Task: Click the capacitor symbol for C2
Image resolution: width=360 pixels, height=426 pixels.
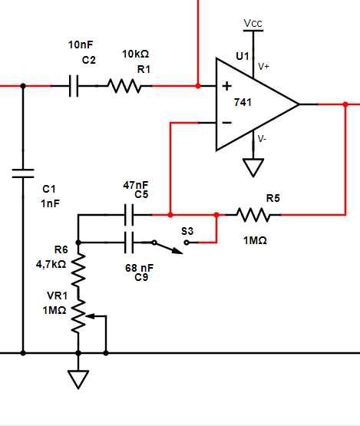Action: [x=74, y=86]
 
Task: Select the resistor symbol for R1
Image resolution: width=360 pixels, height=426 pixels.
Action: [x=125, y=86]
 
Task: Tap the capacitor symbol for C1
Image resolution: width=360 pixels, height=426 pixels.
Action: [x=23, y=173]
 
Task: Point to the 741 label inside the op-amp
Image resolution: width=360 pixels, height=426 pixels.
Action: [x=255, y=102]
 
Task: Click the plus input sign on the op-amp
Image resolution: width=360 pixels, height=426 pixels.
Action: [x=226, y=85]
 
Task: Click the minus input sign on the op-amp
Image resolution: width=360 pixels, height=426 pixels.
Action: [x=226, y=122]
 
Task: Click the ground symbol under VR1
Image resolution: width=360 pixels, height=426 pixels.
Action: [x=78, y=378]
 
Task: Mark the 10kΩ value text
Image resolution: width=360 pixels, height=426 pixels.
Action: [x=135, y=54]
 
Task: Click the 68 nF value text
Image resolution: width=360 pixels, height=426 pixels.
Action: [x=139, y=267]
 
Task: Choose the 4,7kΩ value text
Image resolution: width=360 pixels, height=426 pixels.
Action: [x=51, y=263]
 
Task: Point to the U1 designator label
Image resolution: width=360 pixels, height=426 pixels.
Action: [x=243, y=56]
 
